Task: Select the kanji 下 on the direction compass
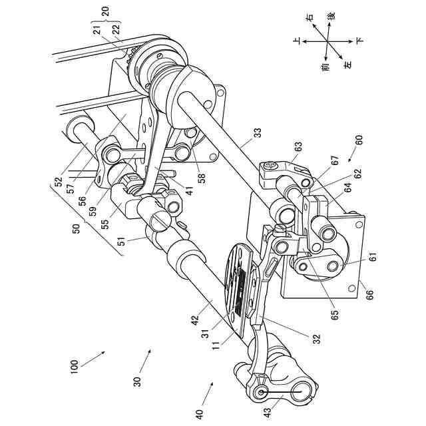[360, 41]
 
